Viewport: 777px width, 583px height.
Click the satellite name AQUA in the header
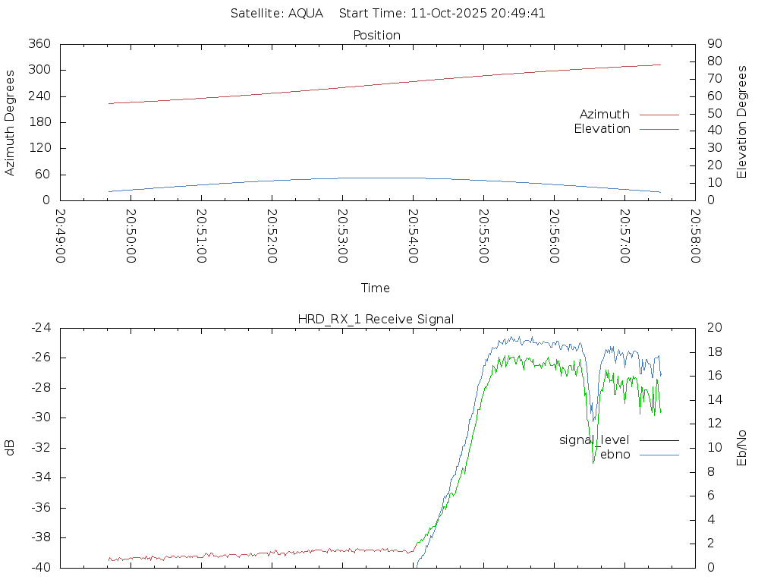[x=306, y=13]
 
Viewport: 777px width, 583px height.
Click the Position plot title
[x=377, y=35]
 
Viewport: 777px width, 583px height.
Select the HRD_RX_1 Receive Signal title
[x=376, y=319]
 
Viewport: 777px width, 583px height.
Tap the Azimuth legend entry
[x=605, y=114]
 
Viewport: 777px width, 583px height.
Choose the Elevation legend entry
[x=602, y=129]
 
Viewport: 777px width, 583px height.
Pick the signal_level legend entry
[x=594, y=440]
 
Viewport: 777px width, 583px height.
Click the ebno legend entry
[x=615, y=454]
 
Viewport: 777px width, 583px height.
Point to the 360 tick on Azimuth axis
[x=39, y=44]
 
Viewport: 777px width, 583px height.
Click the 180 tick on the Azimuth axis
[x=39, y=122]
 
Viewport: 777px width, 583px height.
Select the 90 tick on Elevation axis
[x=713, y=44]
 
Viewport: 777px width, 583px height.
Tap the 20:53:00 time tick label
[x=342, y=235]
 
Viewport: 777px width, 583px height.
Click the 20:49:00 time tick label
[x=61, y=235]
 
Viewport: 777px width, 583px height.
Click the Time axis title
[x=376, y=288]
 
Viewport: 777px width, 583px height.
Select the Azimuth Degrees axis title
[x=10, y=122]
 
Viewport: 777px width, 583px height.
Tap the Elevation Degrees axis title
[x=742, y=121]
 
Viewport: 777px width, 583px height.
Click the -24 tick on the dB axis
[x=40, y=328]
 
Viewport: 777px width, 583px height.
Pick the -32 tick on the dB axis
[x=40, y=448]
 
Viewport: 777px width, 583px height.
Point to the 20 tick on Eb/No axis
[x=714, y=328]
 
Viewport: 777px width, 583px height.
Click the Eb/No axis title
[x=742, y=447]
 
